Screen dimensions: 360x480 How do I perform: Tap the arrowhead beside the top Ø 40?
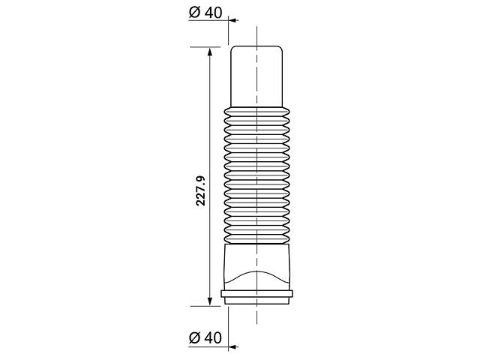point(233,20)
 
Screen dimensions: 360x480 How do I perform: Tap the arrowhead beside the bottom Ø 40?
point(233,346)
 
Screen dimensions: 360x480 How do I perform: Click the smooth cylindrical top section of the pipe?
point(256,75)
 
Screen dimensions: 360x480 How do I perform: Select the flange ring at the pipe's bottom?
point(256,295)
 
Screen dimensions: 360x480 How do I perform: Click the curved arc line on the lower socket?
point(256,271)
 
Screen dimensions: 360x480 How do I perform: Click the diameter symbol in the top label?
point(194,13)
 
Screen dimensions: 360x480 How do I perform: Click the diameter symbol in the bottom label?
point(194,338)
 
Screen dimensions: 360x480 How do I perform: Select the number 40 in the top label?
point(213,13)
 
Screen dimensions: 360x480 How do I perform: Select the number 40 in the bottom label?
point(213,338)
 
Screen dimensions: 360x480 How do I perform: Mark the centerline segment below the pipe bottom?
point(256,315)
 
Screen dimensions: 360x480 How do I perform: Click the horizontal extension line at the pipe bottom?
point(206,306)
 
